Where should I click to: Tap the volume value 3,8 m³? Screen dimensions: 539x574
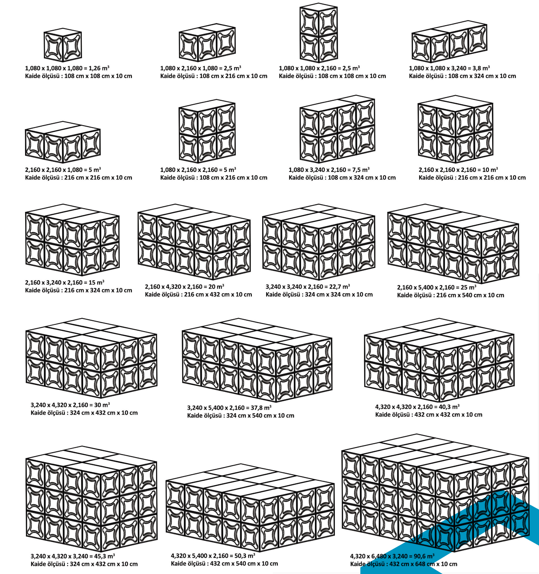tap(482, 68)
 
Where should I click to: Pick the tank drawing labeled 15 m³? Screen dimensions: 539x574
tap(72, 240)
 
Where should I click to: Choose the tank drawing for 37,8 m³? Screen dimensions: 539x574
tap(257, 360)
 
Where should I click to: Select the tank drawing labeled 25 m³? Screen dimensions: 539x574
tap(453, 244)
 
